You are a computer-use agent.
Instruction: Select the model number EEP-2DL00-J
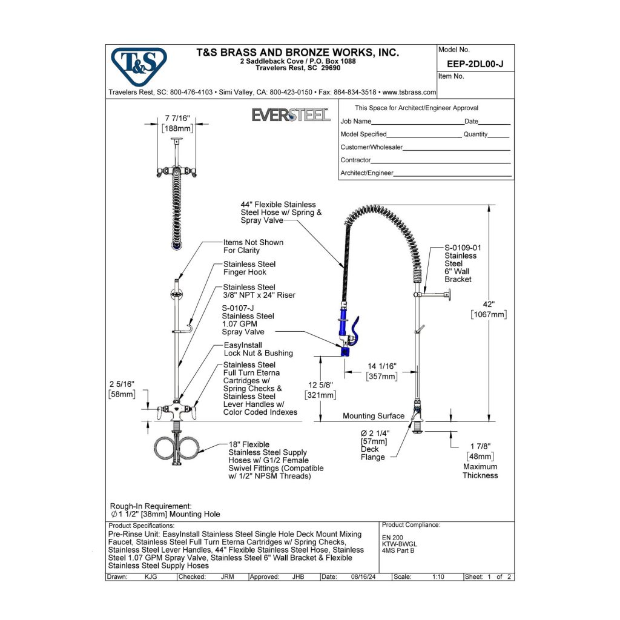point(476,62)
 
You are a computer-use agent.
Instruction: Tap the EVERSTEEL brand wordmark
point(291,115)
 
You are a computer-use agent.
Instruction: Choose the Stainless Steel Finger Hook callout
point(249,268)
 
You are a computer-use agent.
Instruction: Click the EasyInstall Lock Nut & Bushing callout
point(258,349)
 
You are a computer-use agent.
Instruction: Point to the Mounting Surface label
point(374,416)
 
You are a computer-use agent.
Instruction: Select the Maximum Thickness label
point(480,471)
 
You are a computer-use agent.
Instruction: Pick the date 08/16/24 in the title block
point(363,577)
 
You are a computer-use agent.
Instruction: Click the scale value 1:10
point(438,577)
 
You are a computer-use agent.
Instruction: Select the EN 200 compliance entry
point(392,536)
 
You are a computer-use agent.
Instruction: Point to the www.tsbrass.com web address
point(409,93)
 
